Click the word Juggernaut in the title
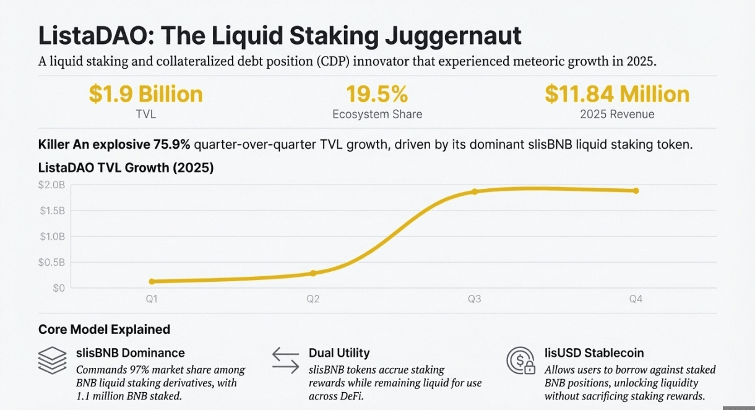(x=452, y=37)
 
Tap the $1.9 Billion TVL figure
(x=145, y=94)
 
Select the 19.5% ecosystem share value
(x=377, y=94)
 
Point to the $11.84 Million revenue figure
(x=617, y=94)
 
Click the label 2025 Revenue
(x=617, y=114)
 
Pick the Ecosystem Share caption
(x=377, y=114)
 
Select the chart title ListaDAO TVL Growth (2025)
(x=126, y=167)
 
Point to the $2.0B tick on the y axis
(x=52, y=185)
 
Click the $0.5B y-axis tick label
(x=52, y=262)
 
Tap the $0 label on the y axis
(x=58, y=288)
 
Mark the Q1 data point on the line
(x=152, y=282)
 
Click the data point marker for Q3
(x=475, y=191)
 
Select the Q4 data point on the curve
(x=636, y=191)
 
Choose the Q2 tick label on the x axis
(x=313, y=299)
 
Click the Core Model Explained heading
(x=104, y=329)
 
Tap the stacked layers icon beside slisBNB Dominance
(x=52, y=359)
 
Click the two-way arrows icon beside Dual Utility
(x=285, y=359)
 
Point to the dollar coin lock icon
(x=521, y=360)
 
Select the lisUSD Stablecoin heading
(x=594, y=353)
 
